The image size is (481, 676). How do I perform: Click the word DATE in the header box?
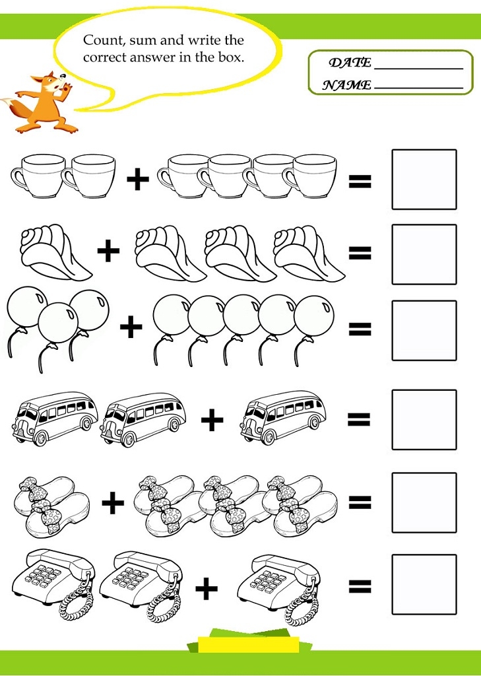350,63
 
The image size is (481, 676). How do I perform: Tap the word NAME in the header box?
346,85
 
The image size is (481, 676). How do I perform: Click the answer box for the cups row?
424,180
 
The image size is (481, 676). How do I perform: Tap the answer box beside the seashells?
424,254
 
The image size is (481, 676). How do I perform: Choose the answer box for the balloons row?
424,331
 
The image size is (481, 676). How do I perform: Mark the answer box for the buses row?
424,419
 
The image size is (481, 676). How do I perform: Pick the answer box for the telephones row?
424,584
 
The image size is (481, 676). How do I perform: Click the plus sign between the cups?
138,180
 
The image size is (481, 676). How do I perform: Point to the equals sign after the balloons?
360,329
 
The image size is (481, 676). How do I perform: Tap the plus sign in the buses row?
212,419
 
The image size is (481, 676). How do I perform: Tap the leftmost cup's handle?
17,179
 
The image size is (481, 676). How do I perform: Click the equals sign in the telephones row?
360,586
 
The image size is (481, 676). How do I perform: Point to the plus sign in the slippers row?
113,502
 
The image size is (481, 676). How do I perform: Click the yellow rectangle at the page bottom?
249,644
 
